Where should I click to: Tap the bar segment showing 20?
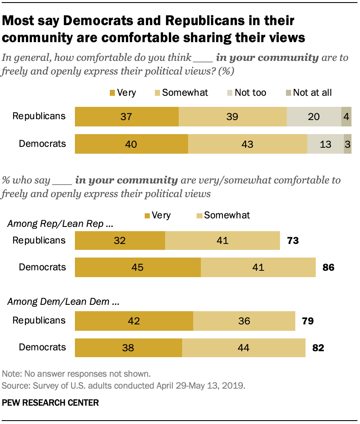point(314,117)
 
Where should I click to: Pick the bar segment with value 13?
point(325,144)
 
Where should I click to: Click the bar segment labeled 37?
point(127,117)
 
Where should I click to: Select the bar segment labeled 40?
point(131,144)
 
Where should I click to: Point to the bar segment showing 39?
point(233,117)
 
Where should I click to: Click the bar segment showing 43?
point(247,144)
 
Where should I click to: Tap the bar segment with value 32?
point(120,241)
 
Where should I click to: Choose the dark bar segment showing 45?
point(138,267)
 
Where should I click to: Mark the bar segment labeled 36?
point(244,321)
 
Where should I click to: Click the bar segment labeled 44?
point(243,347)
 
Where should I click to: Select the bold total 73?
point(292,241)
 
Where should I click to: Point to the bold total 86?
point(329,268)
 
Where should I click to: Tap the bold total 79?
point(307,321)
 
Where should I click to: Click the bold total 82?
point(318,348)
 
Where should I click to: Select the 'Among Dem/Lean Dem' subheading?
point(63,303)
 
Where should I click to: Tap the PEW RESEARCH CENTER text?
point(51,402)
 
